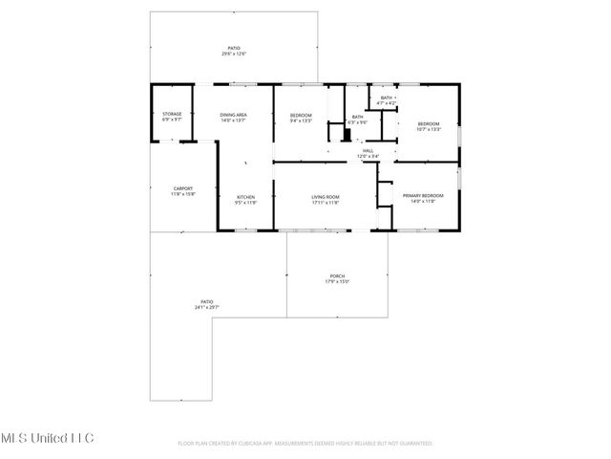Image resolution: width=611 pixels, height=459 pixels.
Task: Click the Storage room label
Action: coord(172,114)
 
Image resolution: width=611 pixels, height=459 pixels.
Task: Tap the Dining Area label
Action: coord(234,114)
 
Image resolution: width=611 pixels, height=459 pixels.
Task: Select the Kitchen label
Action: coord(245,197)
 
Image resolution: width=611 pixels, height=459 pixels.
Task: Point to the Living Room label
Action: coord(326,197)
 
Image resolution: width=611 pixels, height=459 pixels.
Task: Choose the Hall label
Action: coord(368,150)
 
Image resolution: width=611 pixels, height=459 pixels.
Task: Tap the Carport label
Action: coord(182,187)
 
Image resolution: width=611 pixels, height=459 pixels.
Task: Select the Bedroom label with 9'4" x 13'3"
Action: coord(301,115)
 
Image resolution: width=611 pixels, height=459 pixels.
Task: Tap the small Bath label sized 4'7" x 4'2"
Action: coord(388,97)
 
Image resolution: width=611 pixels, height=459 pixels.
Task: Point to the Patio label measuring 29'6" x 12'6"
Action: coord(233,48)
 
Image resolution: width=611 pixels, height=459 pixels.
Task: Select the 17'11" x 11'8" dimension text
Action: coord(326,203)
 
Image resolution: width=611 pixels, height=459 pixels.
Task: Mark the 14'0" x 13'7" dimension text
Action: coord(234,120)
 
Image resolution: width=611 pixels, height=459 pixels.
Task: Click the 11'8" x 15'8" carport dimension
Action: coord(182,194)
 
